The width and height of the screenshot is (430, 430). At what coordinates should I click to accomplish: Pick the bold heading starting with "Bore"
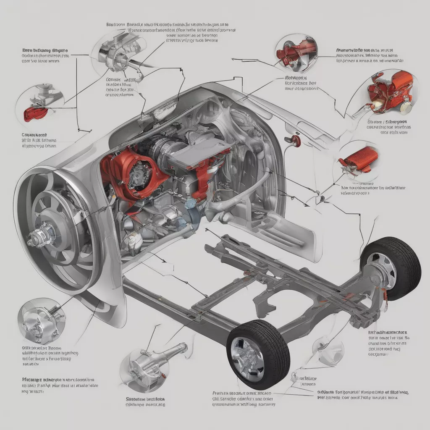44,50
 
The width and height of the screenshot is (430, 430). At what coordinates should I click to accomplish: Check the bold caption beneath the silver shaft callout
145,399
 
